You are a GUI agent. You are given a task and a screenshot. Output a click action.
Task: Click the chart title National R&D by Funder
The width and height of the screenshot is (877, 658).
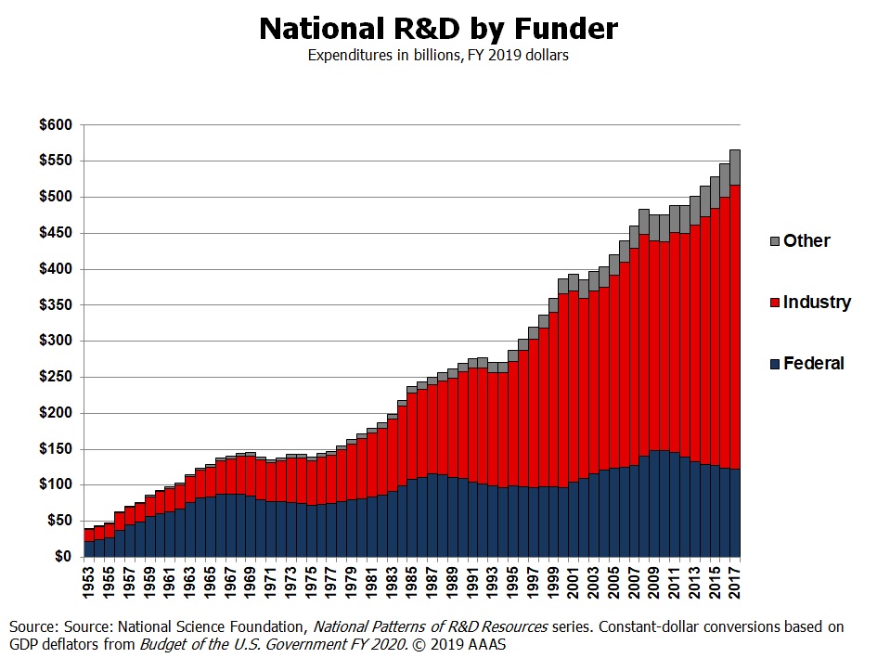click(x=438, y=29)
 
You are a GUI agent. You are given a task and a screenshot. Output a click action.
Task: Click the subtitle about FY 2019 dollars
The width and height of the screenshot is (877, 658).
click(x=438, y=56)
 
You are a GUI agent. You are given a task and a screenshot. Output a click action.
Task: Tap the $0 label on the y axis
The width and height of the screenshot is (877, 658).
click(x=63, y=557)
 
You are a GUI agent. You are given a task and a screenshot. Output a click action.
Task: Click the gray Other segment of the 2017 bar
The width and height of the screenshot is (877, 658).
click(x=735, y=167)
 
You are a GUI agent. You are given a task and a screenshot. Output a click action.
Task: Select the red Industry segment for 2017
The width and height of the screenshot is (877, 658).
click(x=735, y=325)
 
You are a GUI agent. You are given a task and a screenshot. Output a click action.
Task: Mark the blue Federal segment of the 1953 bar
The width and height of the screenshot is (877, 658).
click(x=89, y=548)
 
